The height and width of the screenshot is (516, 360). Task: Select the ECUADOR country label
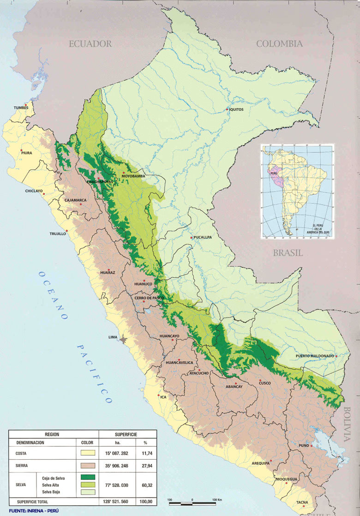pos(90,44)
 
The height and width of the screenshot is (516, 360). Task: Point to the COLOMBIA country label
pos(279,44)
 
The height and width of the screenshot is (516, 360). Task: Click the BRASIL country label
pos(288,253)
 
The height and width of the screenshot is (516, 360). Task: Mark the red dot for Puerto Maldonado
pos(336,356)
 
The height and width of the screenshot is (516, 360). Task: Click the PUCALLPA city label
pos(201,237)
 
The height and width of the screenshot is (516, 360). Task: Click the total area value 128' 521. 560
pos(118,501)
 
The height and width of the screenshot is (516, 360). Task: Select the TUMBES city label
pos(21,108)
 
